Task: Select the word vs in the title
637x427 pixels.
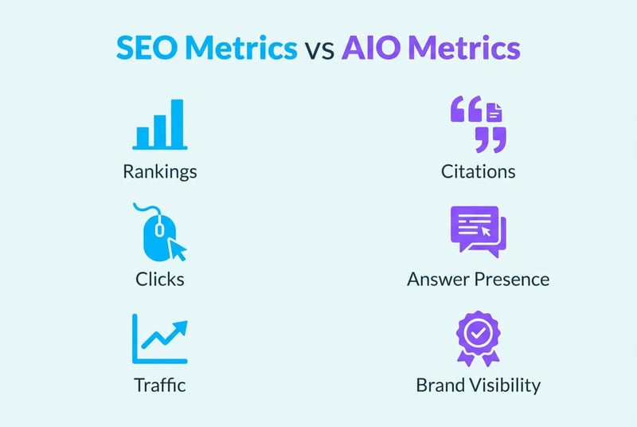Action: pyautogui.click(x=321, y=50)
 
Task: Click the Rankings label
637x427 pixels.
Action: pyautogui.click(x=159, y=171)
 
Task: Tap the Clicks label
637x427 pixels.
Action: pyautogui.click(x=159, y=279)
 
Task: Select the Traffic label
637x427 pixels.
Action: pyautogui.click(x=159, y=386)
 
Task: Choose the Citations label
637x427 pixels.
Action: pyautogui.click(x=478, y=171)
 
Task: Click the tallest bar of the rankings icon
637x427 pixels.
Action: pyautogui.click(x=177, y=123)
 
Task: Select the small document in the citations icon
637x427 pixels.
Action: pyautogui.click(x=494, y=112)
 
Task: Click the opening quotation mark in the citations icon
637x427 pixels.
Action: pyautogui.click(x=467, y=110)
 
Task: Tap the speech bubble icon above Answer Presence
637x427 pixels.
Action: pyautogui.click(x=476, y=230)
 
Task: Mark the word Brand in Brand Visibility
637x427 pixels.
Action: pyautogui.click(x=439, y=386)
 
